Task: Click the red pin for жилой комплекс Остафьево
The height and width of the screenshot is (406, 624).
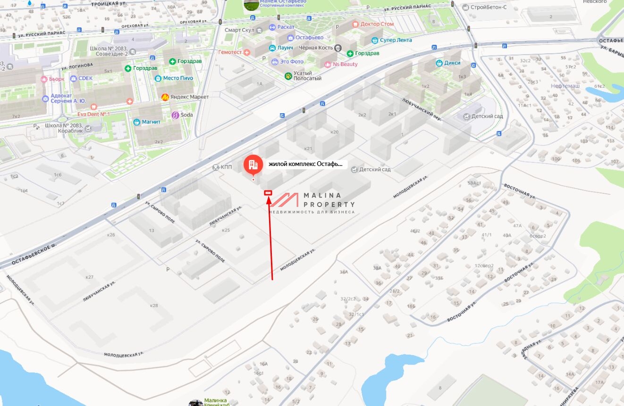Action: click(x=253, y=165)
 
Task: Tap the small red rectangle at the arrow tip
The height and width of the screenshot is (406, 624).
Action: click(x=268, y=192)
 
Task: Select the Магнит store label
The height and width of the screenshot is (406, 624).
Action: click(x=151, y=122)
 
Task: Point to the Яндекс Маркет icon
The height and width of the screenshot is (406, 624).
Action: click(x=165, y=97)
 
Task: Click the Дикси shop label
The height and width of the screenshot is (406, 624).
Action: click(x=452, y=63)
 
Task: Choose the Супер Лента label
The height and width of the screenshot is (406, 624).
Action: click(x=396, y=40)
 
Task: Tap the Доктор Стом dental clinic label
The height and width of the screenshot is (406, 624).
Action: click(x=377, y=24)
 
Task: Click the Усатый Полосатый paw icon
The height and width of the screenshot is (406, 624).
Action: click(x=288, y=75)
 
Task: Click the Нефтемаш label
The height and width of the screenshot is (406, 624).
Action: click(x=565, y=86)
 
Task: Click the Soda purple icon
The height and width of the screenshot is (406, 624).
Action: click(x=175, y=115)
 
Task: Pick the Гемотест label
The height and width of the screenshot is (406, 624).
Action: click(x=230, y=52)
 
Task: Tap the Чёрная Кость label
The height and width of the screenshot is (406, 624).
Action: click(x=316, y=48)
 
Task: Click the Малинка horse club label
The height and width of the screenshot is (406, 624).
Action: click(x=215, y=400)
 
